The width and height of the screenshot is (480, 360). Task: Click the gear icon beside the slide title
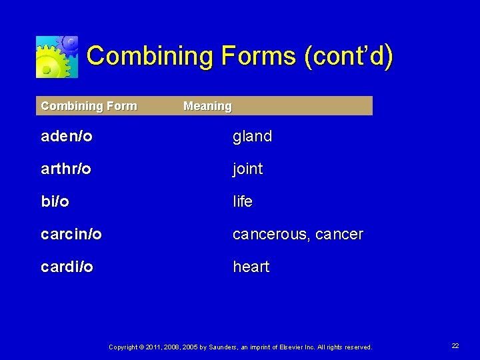57,57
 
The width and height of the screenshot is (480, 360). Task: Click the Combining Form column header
89,105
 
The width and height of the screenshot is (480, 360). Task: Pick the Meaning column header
207,106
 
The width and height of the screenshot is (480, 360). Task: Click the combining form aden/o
67,137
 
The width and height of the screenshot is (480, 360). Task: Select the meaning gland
252,137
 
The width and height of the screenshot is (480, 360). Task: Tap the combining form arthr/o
66,169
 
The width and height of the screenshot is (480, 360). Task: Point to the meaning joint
247,169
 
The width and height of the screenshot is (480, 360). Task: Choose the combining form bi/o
55,201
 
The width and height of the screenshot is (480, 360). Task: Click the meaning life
243,201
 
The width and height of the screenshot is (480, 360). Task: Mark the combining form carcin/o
71,234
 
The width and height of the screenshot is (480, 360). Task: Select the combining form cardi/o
67,267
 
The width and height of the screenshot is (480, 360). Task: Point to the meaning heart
251,267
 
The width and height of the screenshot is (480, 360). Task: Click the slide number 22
455,346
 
